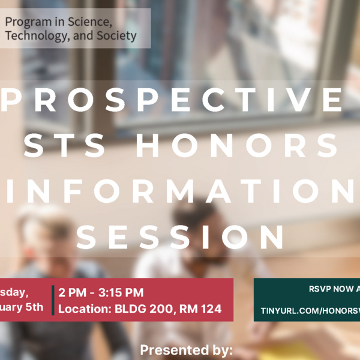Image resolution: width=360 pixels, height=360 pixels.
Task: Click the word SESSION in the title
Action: [x=180, y=237]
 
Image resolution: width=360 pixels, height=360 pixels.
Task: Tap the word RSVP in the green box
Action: [x=320, y=289]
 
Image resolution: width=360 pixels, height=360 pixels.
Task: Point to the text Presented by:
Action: [x=186, y=350]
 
